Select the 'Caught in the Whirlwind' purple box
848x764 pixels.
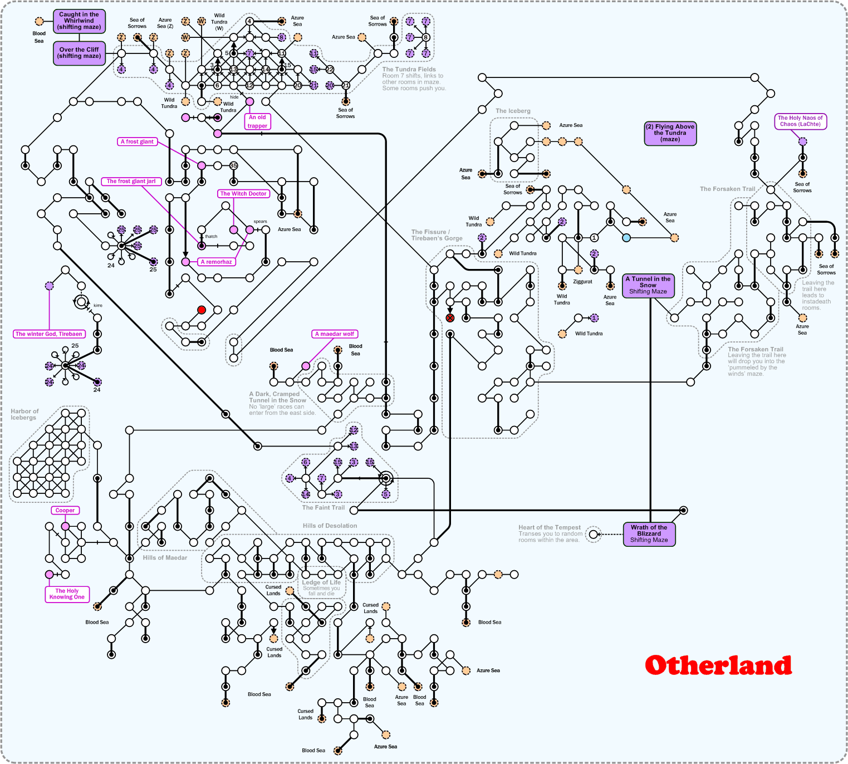[79, 21]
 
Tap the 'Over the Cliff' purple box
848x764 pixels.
[79, 53]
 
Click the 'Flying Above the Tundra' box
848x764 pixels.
[670, 133]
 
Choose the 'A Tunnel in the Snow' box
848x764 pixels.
[648, 285]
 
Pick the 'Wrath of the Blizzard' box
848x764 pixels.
[649, 534]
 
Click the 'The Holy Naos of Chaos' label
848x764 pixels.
[800, 121]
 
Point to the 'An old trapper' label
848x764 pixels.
[257, 121]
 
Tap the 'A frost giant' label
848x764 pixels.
[137, 141]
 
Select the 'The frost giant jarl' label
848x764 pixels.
[131, 181]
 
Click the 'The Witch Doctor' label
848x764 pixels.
[243, 194]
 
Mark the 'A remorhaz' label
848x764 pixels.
[216, 262]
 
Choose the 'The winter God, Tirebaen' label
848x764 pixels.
[49, 334]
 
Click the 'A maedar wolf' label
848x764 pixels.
[334, 334]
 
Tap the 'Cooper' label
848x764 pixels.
[65, 510]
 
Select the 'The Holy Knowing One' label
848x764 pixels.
[67, 594]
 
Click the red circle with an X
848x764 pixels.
[450, 318]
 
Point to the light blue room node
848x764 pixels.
[626, 238]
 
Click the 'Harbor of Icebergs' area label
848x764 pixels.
[24, 414]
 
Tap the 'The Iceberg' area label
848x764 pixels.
[513, 111]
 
